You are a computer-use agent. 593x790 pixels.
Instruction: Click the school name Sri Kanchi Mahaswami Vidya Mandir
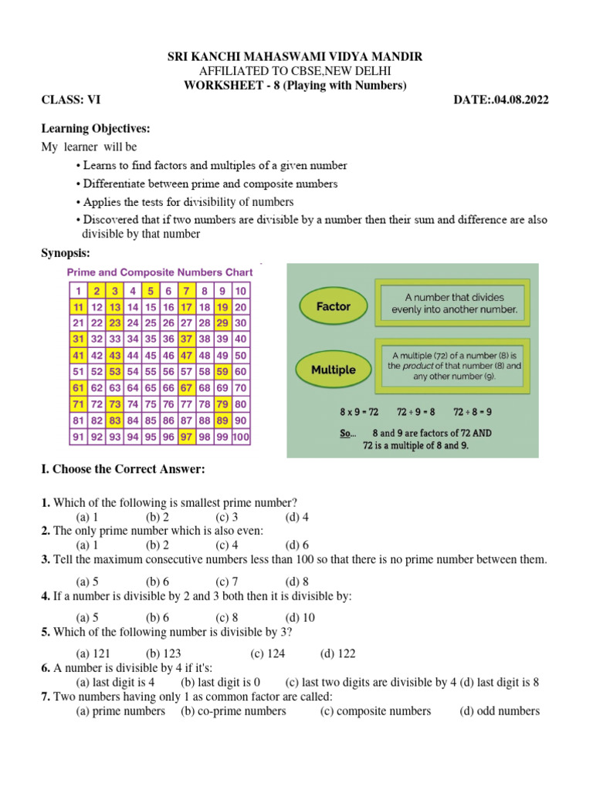click(296, 58)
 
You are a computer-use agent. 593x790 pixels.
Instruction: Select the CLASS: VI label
click(70, 100)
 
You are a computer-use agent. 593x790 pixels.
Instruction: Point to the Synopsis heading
click(66, 252)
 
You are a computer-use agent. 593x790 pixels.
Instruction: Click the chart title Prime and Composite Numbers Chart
click(160, 272)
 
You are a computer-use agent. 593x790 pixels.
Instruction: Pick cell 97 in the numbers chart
click(185, 437)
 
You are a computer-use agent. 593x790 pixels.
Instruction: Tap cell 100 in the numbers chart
click(241, 437)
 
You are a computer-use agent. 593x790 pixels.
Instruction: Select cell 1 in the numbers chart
click(78, 291)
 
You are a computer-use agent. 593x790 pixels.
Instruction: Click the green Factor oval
click(333, 306)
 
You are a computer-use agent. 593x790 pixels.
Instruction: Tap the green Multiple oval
click(333, 370)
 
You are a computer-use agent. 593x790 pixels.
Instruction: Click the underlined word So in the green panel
click(347, 433)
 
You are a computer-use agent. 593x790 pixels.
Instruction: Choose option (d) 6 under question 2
click(296, 545)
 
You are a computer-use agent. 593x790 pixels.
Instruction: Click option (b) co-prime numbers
click(233, 711)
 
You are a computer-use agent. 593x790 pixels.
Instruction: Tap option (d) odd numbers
click(500, 711)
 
